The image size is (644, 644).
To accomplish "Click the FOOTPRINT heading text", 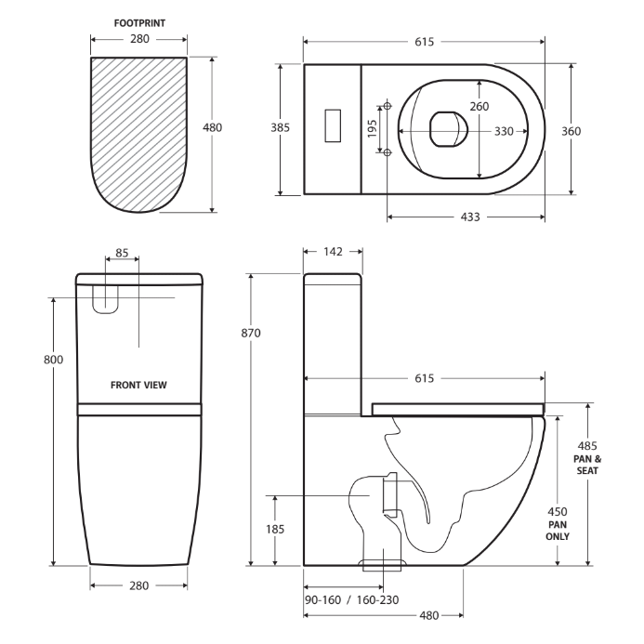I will pos(139,22).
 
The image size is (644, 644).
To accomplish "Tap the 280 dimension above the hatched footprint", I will pos(139,40).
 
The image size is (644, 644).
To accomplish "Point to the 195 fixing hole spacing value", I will pos(373,128).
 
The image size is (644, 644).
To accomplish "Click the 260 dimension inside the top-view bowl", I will pos(479,106).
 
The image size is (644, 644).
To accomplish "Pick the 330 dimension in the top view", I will pos(503,131).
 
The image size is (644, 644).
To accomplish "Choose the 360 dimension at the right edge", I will pos(571,131).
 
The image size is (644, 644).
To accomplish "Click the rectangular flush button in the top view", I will pos(334,126).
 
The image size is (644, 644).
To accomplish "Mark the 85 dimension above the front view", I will pos(122,253).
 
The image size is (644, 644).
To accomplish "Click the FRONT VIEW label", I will pos(139,385).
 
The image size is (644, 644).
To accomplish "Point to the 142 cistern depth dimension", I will pos(333,251).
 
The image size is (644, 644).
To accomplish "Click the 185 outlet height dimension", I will pos(275,529).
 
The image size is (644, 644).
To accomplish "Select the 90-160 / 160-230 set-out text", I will pos(351,599).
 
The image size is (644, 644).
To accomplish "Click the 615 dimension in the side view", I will pos(424,378).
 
